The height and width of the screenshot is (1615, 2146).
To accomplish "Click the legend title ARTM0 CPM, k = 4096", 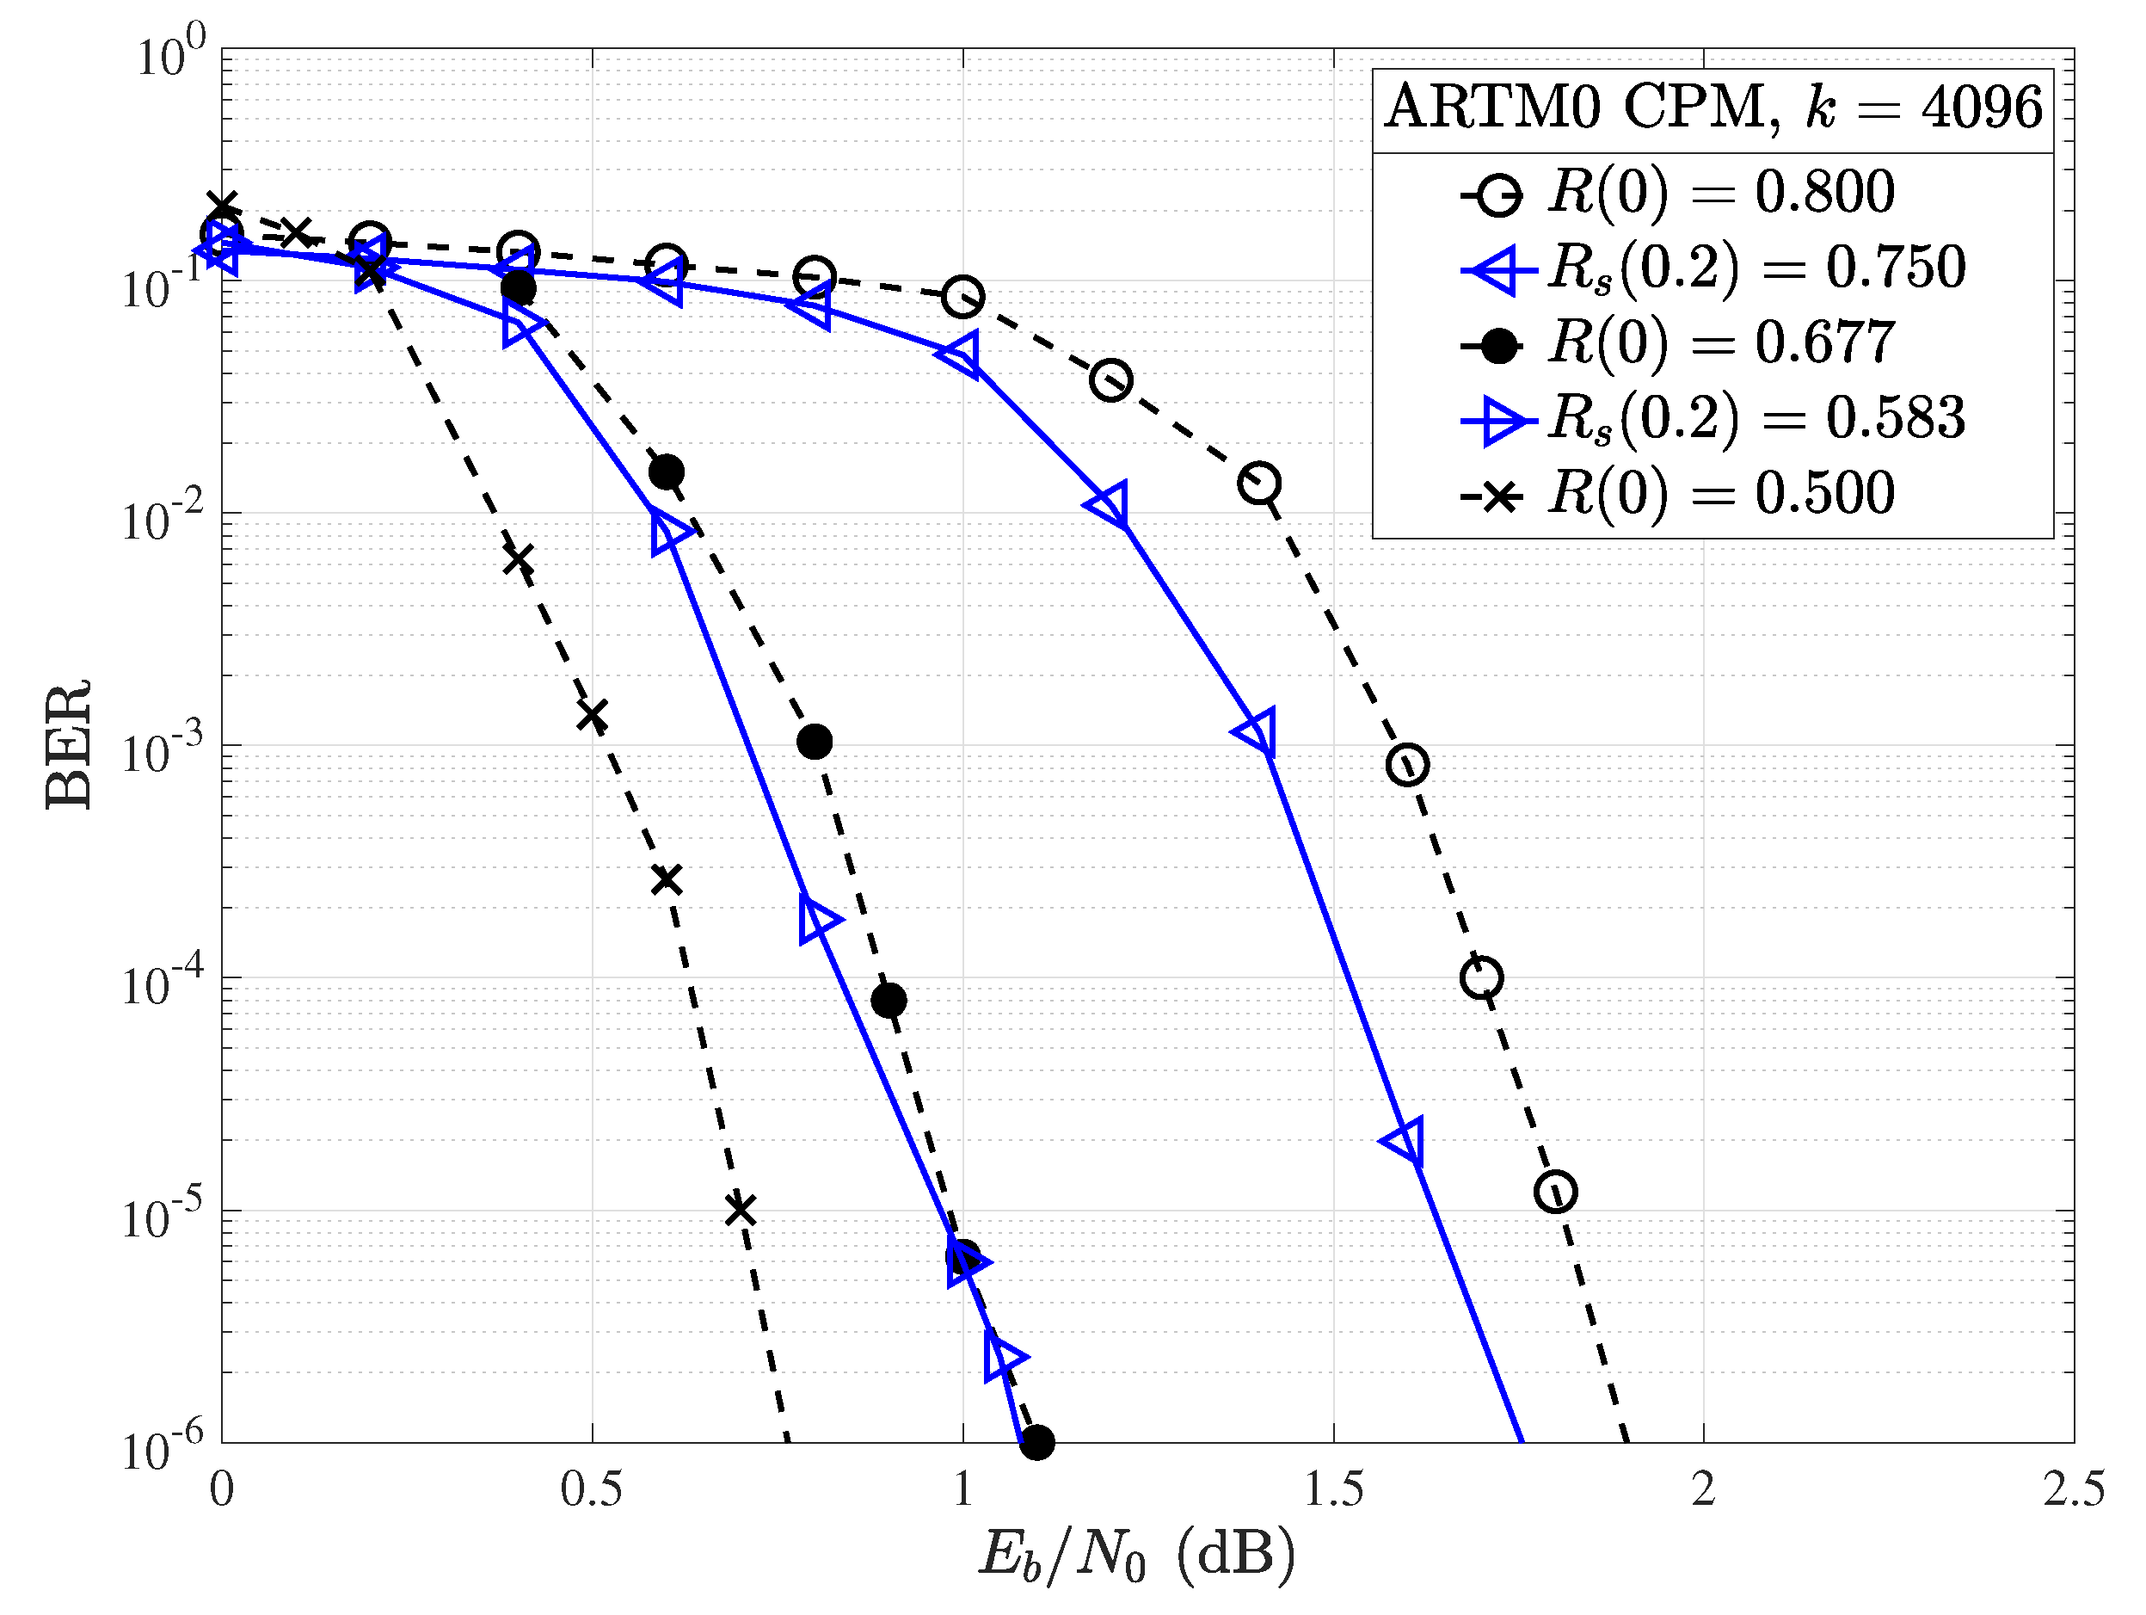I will click(1713, 107).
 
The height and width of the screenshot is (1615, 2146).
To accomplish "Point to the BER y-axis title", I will click(70, 744).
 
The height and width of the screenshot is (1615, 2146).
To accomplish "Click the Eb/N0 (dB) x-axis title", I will click(1137, 1554).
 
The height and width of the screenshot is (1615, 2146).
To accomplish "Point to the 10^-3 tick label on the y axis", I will click(162, 750).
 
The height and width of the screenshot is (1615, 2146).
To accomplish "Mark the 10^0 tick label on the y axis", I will click(169, 54).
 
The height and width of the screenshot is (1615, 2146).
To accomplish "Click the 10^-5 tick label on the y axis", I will click(162, 1214).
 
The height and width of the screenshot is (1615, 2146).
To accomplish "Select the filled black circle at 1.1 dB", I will click(1037, 1442).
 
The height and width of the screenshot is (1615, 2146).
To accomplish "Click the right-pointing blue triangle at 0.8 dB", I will click(818, 918).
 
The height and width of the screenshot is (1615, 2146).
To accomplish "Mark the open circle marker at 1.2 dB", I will click(1110, 380).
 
